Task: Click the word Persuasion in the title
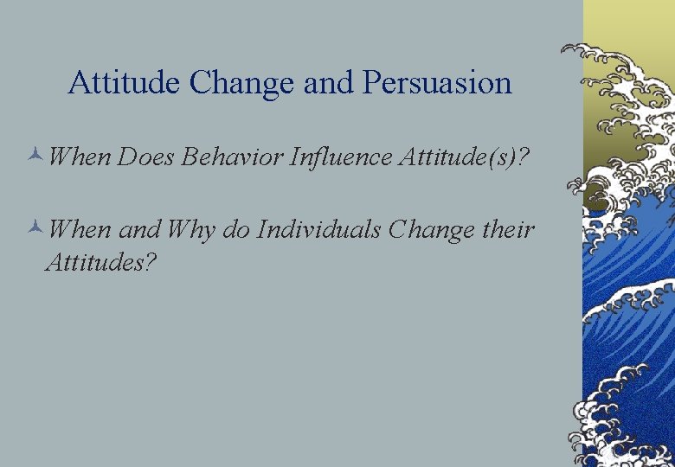pos(438,83)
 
